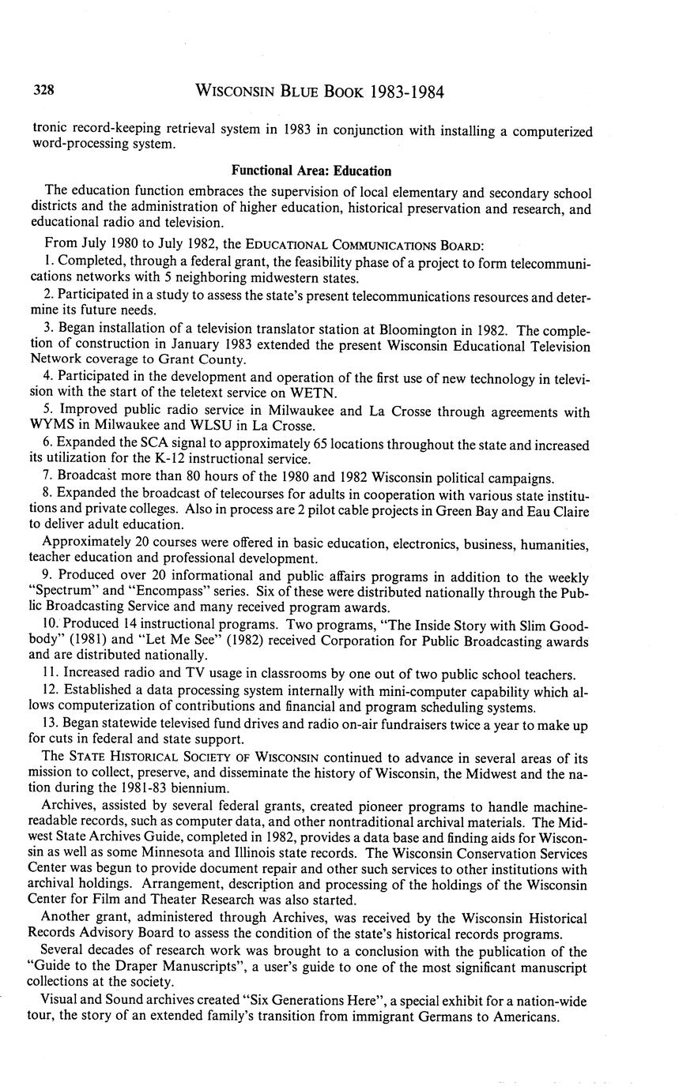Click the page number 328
tap(43, 92)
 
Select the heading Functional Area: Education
tap(311, 171)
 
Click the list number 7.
tap(48, 477)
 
